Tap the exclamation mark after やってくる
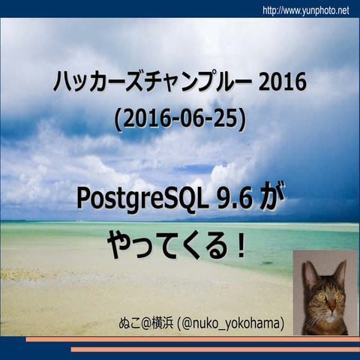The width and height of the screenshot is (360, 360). click(x=239, y=245)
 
